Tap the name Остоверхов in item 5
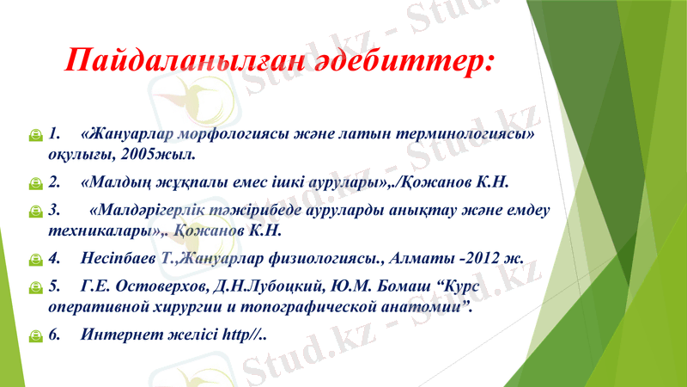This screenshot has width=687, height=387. pyautogui.click(x=160, y=285)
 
